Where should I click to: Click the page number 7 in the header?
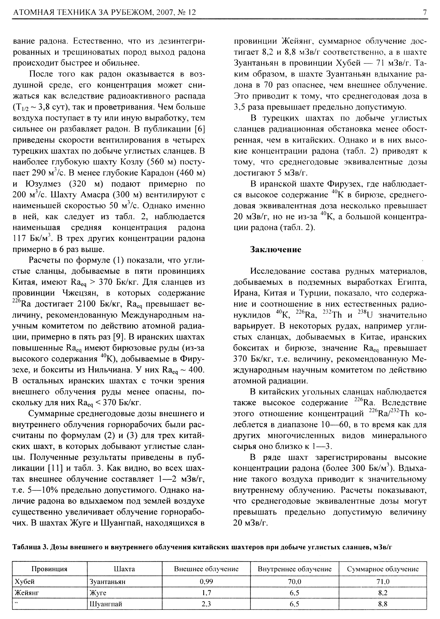coord(424,12)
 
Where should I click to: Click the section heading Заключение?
coord(276,249)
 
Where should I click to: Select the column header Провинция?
coord(49,569)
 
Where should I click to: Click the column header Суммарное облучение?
coord(383,569)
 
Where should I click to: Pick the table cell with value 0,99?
coord(206,582)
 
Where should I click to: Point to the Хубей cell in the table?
coord(25,582)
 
